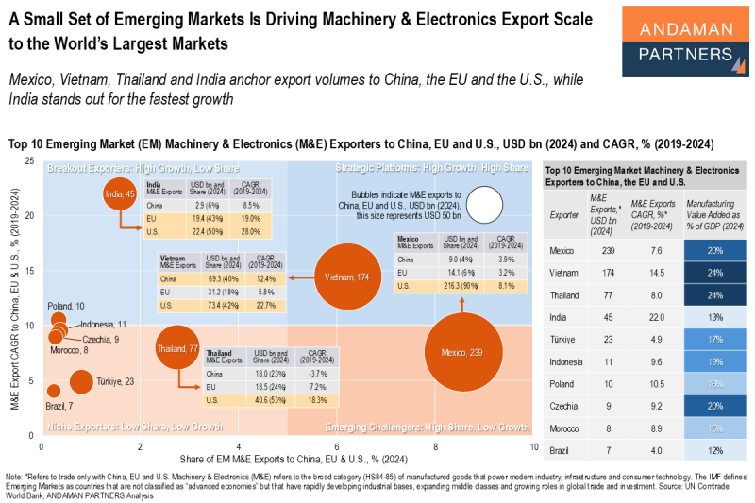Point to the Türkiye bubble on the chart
coord(81,381)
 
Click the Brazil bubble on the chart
coord(54,391)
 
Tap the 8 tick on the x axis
coord(435,446)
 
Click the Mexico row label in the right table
coord(562,250)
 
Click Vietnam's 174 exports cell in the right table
coord(596,273)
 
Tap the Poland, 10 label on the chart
coord(66,306)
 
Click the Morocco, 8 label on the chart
coord(70,350)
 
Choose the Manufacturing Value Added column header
coord(715,213)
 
